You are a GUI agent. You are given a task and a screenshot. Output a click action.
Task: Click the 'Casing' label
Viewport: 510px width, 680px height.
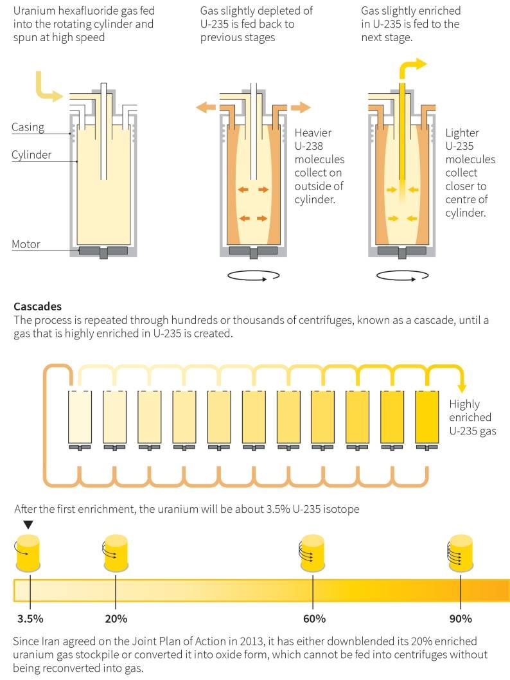(28, 127)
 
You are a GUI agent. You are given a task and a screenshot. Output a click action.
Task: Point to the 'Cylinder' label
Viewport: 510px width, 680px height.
(31, 155)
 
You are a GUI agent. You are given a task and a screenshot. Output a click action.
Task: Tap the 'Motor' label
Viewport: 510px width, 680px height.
(26, 244)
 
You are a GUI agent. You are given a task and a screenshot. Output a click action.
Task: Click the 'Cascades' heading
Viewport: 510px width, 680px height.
(38, 307)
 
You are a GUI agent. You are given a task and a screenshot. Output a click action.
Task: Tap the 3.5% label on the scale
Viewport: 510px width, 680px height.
(30, 619)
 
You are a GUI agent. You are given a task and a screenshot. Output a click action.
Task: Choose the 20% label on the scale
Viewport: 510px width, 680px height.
(116, 619)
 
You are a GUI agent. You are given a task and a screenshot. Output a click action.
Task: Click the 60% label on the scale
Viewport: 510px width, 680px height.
(314, 619)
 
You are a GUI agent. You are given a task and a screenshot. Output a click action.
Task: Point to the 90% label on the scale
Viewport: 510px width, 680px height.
(461, 619)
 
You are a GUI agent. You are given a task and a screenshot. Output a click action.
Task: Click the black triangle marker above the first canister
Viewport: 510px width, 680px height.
(28, 524)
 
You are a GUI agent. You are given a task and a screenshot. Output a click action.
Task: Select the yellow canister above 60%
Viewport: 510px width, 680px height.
(312, 553)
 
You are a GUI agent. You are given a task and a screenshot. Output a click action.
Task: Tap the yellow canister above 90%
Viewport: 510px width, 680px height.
(461, 553)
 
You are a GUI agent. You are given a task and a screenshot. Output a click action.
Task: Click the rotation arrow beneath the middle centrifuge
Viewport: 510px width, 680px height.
(254, 275)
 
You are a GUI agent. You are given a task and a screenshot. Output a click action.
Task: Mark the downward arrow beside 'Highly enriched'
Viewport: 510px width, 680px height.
(462, 382)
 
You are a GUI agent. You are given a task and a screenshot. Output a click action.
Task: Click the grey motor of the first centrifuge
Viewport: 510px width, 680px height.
(103, 251)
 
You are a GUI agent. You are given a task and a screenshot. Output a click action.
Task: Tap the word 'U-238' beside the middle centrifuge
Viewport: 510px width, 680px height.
(309, 146)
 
